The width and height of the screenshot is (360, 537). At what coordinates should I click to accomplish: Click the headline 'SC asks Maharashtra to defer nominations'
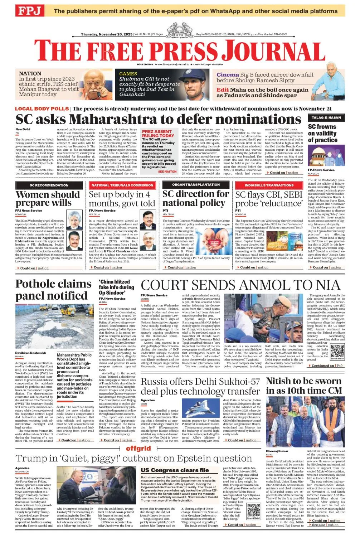click(158, 119)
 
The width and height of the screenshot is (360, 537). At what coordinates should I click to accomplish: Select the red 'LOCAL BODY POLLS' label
click(42, 108)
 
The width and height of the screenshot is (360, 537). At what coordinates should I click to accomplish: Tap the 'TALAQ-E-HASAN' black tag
click(326, 117)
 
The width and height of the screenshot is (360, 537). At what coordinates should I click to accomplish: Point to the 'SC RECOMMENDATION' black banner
click(49, 185)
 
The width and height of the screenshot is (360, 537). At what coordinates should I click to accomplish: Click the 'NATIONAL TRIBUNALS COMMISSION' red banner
click(122, 185)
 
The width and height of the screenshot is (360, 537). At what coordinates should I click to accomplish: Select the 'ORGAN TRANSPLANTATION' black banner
click(196, 185)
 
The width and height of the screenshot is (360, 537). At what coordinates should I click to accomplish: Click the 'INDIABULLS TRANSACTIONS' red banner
click(269, 185)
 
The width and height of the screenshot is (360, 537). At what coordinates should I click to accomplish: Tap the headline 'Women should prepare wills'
click(48, 199)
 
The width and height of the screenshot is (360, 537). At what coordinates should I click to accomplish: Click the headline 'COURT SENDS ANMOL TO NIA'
click(240, 285)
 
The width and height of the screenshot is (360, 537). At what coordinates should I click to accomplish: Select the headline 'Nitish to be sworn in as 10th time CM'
click(304, 386)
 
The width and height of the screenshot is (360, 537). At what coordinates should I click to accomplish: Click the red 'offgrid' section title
click(138, 449)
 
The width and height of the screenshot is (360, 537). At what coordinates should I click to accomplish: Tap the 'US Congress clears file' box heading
click(175, 470)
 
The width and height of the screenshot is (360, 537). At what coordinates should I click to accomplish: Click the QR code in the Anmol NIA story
click(337, 352)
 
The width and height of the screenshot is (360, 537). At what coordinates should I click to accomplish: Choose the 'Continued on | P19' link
click(327, 366)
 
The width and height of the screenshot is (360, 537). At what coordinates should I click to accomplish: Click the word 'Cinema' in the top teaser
click(228, 75)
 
